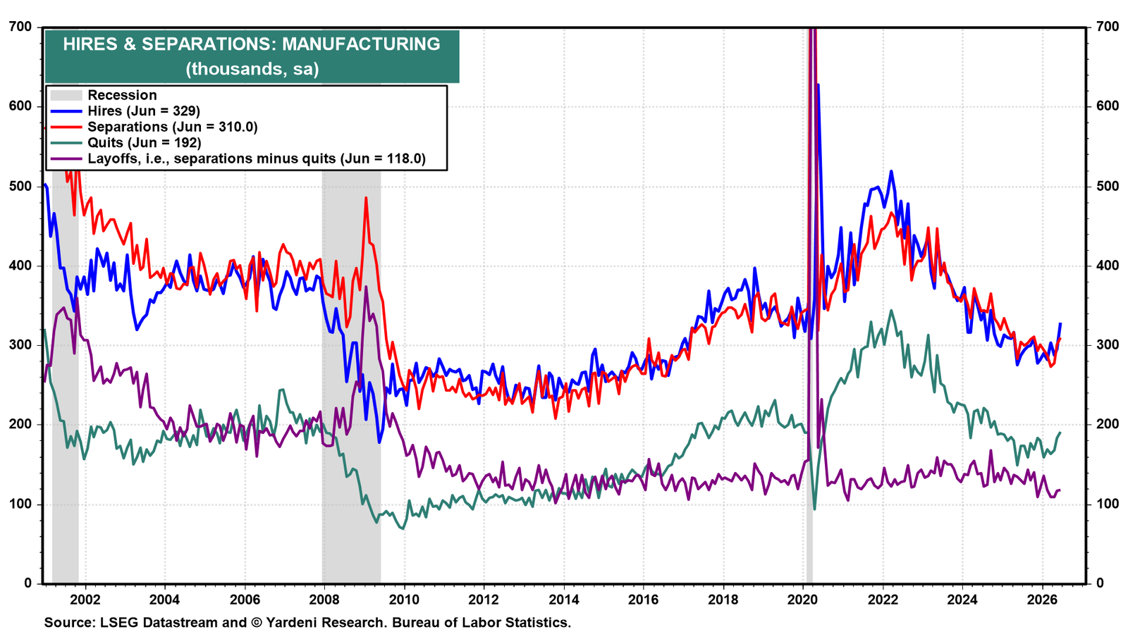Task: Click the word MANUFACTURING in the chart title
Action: pos(361,44)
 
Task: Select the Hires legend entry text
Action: pos(144,111)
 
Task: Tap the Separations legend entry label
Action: pos(173,127)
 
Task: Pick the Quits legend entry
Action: pos(145,143)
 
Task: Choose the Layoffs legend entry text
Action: pos(257,159)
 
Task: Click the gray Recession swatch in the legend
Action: pos(66,95)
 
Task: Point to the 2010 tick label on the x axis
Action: pos(404,599)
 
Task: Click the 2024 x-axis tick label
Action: pos(962,599)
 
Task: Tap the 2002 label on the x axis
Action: pos(85,599)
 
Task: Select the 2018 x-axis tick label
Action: pos(723,599)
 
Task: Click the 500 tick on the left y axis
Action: pos(20,186)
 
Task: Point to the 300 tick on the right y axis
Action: pos(1104,345)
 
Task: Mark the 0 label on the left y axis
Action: pos(27,584)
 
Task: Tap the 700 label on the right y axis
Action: pos(1104,27)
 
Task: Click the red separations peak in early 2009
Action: pos(366,198)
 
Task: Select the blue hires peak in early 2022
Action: pos(891,172)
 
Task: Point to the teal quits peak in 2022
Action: pos(891,311)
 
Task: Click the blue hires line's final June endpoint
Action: pos(1060,323)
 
